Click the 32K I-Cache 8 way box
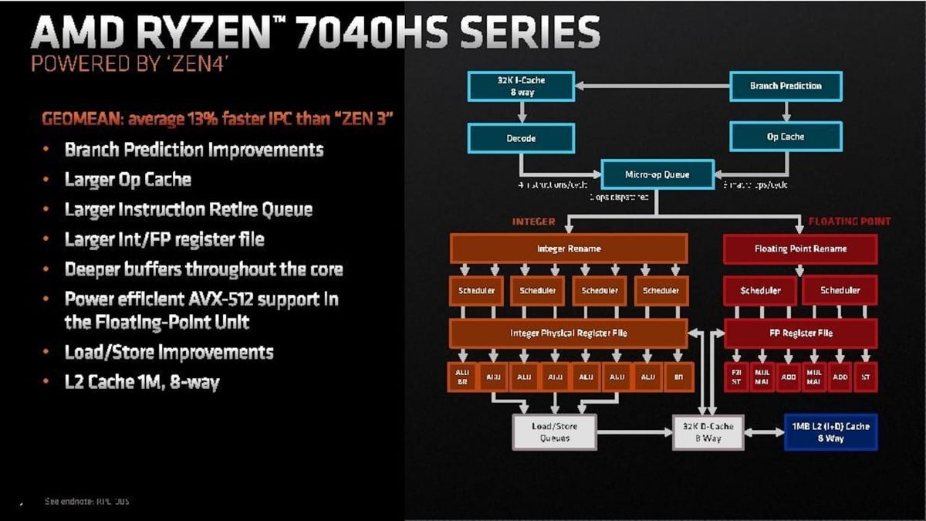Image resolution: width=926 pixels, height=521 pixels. tap(521, 86)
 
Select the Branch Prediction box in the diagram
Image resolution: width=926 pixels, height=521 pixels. tap(786, 86)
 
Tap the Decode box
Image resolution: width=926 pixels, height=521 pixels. tap(521, 138)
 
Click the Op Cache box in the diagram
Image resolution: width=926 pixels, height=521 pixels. tap(786, 137)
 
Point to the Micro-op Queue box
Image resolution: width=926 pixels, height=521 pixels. tap(657, 175)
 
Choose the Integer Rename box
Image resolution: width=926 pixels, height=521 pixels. tap(568, 249)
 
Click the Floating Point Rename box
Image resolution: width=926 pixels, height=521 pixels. tap(800, 249)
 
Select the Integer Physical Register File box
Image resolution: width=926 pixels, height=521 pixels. tap(568, 333)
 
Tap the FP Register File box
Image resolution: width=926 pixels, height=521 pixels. tap(800, 333)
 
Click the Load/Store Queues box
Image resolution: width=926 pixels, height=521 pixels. tap(555, 432)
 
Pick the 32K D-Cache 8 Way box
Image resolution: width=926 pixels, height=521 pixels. tap(708, 432)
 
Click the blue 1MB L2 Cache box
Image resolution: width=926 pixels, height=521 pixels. tap(830, 432)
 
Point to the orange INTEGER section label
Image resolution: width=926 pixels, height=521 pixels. tap(533, 222)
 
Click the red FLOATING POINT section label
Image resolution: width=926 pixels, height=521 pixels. tap(849, 222)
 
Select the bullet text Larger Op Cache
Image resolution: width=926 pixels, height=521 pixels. tap(127, 179)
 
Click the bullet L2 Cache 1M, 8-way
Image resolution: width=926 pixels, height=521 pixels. tap(142, 381)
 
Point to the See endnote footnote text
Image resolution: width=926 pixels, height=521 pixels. tap(86, 502)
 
